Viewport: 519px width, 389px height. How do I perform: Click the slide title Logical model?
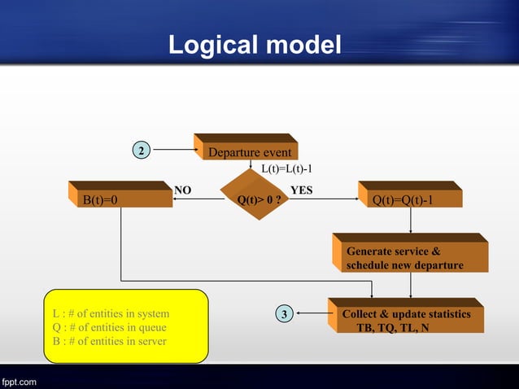(255, 45)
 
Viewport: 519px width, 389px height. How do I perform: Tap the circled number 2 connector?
(142, 151)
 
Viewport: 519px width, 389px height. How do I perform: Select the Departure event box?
(248, 152)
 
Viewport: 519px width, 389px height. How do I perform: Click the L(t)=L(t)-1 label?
(286, 169)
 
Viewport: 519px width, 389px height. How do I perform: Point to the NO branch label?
(183, 190)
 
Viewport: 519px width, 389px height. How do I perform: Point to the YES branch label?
(303, 190)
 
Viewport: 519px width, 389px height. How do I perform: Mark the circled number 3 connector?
(283, 313)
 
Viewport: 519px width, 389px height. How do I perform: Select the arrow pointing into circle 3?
(313, 313)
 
